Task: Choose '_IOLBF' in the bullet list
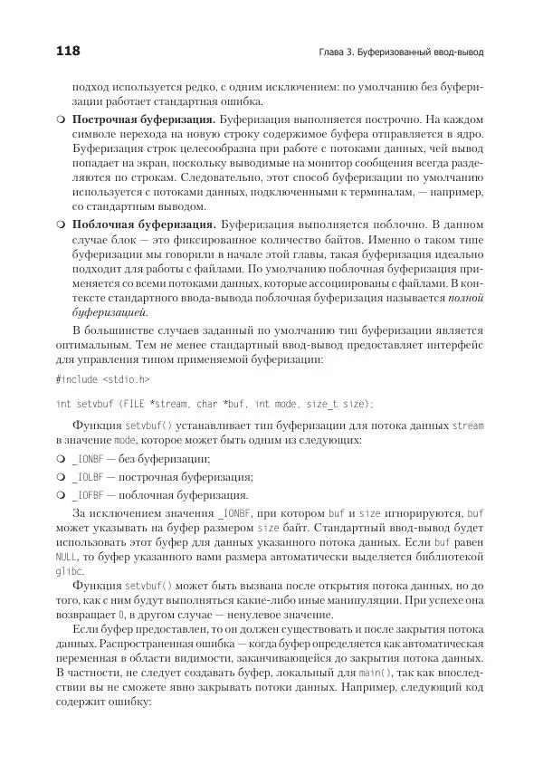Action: coord(89,477)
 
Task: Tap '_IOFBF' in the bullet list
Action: coord(89,495)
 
